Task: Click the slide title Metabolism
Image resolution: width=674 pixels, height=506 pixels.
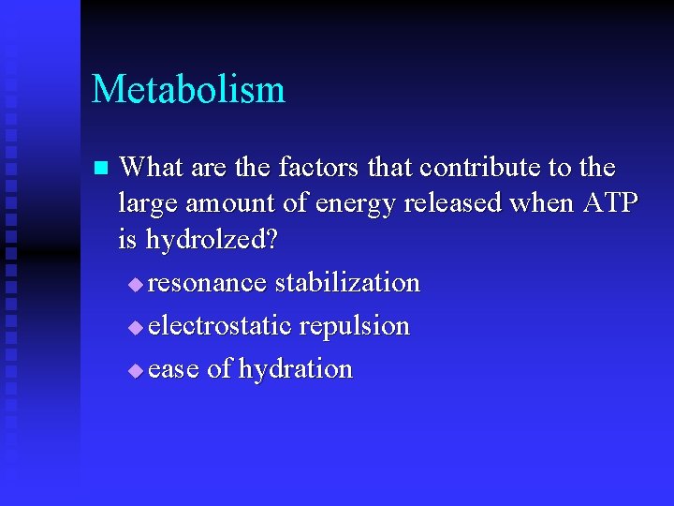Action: [188, 90]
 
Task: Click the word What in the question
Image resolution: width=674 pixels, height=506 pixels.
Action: [151, 168]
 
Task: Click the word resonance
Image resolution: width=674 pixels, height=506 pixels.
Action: [207, 283]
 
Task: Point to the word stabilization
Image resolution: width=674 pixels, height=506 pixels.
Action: [347, 282]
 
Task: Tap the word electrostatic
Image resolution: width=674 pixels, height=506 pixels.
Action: [220, 326]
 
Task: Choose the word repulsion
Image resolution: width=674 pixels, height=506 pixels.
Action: [355, 327]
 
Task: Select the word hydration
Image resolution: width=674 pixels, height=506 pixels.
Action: [295, 369]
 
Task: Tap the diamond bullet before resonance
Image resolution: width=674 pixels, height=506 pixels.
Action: [136, 284]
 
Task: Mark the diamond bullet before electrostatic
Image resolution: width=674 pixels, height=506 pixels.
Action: [136, 327]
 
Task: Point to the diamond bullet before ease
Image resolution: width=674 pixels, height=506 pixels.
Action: [136, 370]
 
